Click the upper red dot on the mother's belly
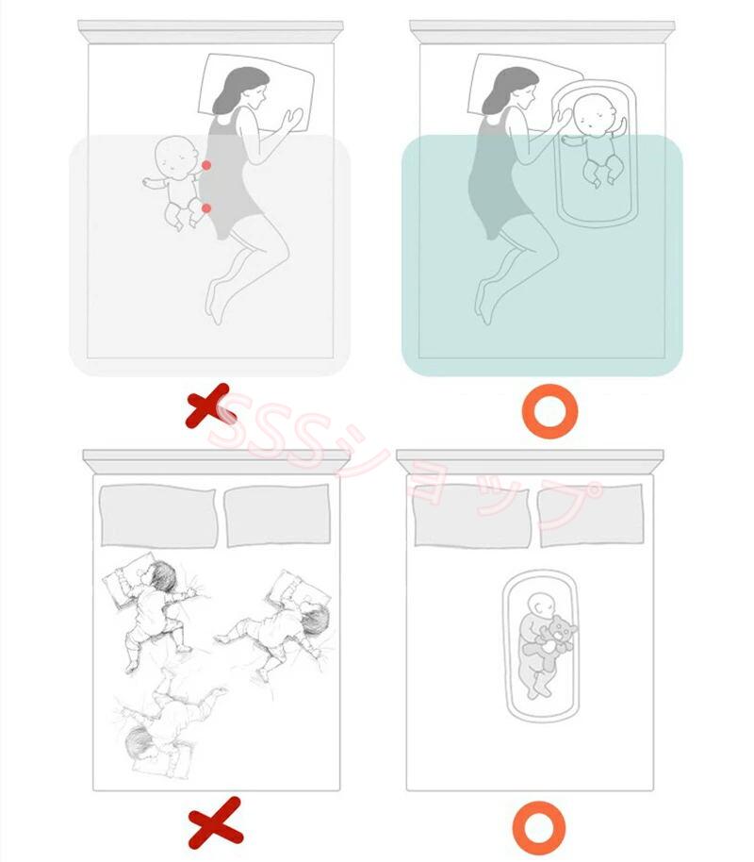click(x=206, y=165)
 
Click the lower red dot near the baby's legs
click(x=206, y=208)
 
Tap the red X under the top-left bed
click(x=210, y=406)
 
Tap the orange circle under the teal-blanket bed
click(x=549, y=411)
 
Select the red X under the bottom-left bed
click(x=216, y=822)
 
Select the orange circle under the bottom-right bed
click(x=539, y=828)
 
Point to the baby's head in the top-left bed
click(x=176, y=155)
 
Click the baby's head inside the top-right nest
click(x=596, y=114)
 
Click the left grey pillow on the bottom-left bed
click(x=158, y=516)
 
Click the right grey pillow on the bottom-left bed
click(x=277, y=516)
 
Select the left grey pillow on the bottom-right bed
click(x=472, y=516)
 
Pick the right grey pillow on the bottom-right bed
click(x=591, y=516)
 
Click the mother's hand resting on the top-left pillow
click(x=291, y=120)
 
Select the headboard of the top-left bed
click(x=210, y=32)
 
